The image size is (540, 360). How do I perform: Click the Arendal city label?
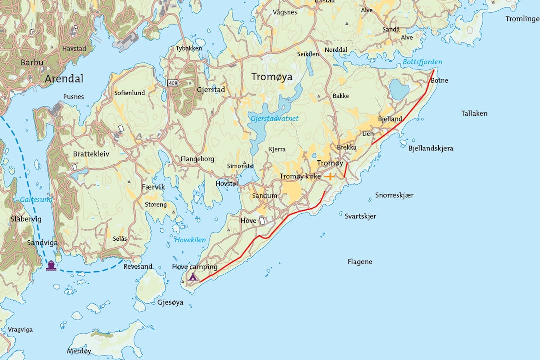(64, 79)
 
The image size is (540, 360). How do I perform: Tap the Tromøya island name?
(272, 77)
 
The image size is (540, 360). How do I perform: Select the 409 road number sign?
(173, 83)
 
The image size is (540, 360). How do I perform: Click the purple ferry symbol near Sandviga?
(51, 265)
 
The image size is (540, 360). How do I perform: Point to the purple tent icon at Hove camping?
(193, 277)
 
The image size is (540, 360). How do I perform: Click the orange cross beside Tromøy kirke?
(330, 176)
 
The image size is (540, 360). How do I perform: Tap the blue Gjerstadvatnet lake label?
(275, 119)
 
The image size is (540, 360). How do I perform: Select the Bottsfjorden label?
(422, 62)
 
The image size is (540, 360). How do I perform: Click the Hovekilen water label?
(190, 240)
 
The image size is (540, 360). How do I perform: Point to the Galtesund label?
(36, 199)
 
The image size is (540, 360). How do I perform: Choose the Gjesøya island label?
(170, 302)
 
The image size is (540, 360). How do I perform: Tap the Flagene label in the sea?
(360, 262)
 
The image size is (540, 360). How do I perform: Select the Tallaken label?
(474, 113)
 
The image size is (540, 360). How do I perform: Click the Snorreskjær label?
(394, 195)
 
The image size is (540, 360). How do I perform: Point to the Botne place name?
(439, 80)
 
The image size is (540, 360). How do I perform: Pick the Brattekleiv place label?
(91, 154)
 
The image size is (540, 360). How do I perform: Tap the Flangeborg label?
(197, 159)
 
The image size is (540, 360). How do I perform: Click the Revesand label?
(138, 266)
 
